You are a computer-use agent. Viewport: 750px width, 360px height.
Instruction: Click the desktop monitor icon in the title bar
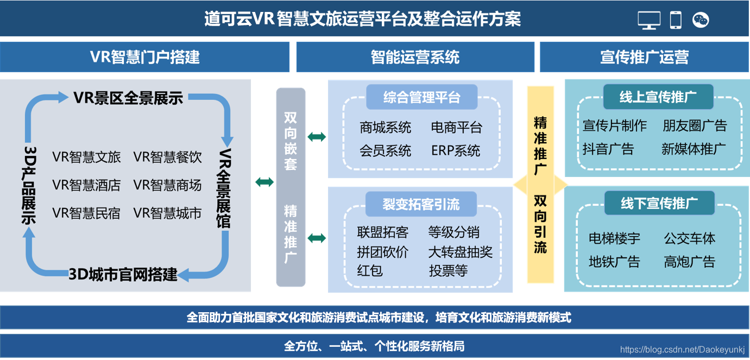point(649,20)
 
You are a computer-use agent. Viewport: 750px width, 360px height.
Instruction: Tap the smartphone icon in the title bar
point(675,20)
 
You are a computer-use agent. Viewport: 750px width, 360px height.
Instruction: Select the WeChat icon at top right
point(701,20)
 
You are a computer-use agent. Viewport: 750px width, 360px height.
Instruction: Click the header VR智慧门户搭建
point(144,57)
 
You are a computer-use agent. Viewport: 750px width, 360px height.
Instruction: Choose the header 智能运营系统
point(415,57)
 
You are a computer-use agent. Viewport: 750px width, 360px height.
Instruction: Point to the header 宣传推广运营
point(644,57)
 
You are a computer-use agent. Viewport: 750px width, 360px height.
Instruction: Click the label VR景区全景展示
point(128,98)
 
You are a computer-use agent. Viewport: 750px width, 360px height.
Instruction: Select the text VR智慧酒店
point(86,185)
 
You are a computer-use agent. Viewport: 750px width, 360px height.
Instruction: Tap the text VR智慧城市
point(167,213)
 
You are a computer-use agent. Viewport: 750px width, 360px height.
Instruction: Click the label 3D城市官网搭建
point(123,275)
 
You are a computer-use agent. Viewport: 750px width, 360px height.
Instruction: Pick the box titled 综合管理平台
point(421,97)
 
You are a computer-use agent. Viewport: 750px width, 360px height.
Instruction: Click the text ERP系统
point(456,150)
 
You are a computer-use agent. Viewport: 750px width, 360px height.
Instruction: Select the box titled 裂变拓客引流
point(421,204)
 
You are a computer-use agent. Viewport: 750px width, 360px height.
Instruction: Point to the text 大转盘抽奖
point(460,252)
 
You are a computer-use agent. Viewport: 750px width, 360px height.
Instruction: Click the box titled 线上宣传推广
point(658,97)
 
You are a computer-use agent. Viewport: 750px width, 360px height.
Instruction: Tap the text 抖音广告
point(608,149)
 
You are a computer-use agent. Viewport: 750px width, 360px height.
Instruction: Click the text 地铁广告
point(614,262)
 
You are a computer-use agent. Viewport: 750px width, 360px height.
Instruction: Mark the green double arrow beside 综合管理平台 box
point(317,137)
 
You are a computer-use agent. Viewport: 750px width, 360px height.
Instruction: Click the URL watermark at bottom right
point(682,350)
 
